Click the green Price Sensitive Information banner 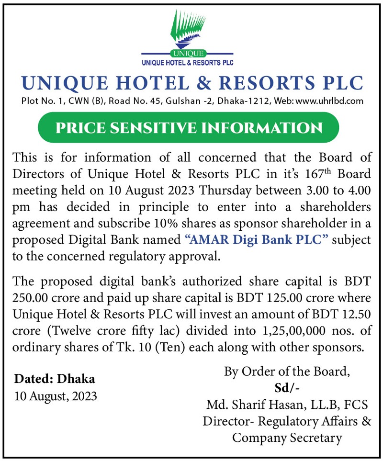(x=189, y=128)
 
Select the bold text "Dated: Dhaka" (x=55, y=379)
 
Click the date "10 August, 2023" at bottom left (x=56, y=396)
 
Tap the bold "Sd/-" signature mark (x=287, y=388)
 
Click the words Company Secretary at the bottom (x=287, y=438)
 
